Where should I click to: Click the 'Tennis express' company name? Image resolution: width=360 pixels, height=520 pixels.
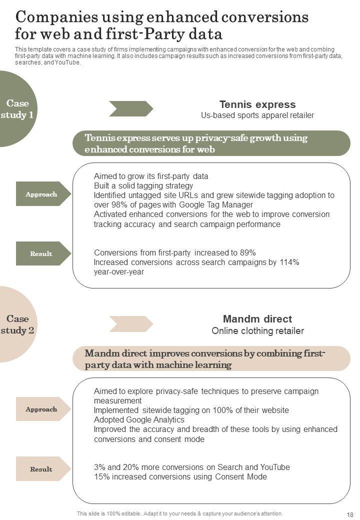point(257,104)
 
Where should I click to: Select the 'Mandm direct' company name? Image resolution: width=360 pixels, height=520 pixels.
point(257,319)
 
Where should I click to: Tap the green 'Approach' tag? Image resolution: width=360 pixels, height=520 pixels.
point(41,194)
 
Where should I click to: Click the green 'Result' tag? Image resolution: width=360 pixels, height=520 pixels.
point(41,253)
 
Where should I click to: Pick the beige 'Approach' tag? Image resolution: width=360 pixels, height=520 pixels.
point(41,409)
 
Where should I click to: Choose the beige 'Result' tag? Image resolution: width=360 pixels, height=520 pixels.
point(41,469)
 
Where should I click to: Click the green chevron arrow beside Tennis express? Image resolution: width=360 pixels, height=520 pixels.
point(131,108)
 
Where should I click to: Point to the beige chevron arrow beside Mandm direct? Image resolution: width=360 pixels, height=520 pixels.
point(131,324)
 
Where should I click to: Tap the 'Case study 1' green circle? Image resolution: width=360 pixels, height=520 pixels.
point(18,109)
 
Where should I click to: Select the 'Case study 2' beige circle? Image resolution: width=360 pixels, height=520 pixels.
point(18,324)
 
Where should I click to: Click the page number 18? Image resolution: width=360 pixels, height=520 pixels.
point(349,514)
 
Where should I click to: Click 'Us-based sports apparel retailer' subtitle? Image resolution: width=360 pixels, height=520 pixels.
point(257,115)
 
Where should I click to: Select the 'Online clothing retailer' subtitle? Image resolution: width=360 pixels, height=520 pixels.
point(257,331)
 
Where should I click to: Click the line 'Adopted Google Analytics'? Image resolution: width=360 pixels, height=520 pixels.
point(139,419)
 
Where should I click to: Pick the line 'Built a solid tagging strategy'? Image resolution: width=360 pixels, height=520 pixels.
point(143,186)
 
